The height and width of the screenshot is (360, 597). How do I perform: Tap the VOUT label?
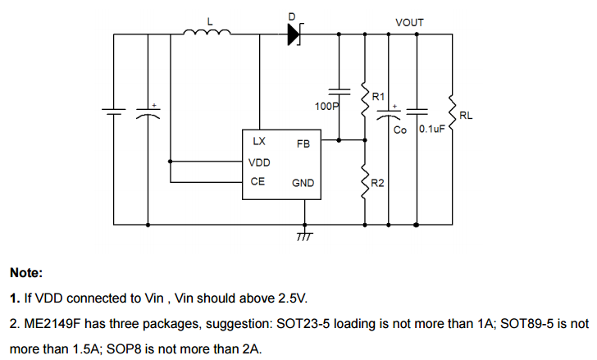[x=409, y=22]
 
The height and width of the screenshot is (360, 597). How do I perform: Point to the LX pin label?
[x=259, y=142]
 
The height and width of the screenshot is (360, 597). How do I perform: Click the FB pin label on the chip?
[x=303, y=144]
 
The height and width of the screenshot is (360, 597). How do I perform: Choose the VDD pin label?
[x=259, y=162]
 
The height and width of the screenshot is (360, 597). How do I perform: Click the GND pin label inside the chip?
[x=303, y=183]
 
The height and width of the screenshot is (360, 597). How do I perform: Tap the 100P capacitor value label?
[x=326, y=107]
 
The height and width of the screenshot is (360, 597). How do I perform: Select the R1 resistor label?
[x=378, y=97]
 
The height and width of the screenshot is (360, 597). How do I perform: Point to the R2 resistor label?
[x=378, y=182]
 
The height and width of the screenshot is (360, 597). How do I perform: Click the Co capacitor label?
[x=400, y=130]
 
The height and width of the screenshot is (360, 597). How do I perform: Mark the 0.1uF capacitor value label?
[x=431, y=130]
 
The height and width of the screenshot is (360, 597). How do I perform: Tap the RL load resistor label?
[x=466, y=116]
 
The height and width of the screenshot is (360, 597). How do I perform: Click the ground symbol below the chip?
[x=304, y=235]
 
